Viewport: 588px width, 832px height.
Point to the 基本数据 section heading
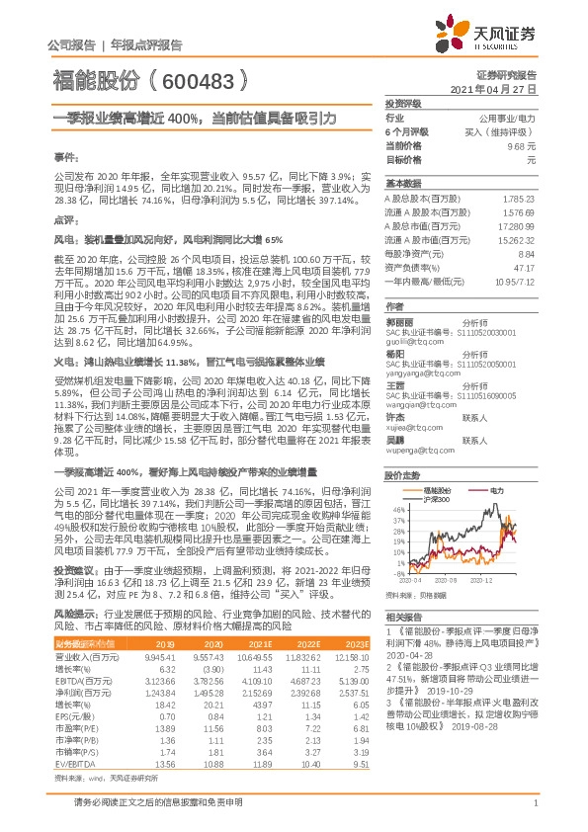coord(403,184)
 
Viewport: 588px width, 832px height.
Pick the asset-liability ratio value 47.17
coord(524,267)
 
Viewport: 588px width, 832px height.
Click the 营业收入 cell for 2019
coord(161,656)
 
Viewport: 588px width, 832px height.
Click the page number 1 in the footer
coord(533,814)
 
